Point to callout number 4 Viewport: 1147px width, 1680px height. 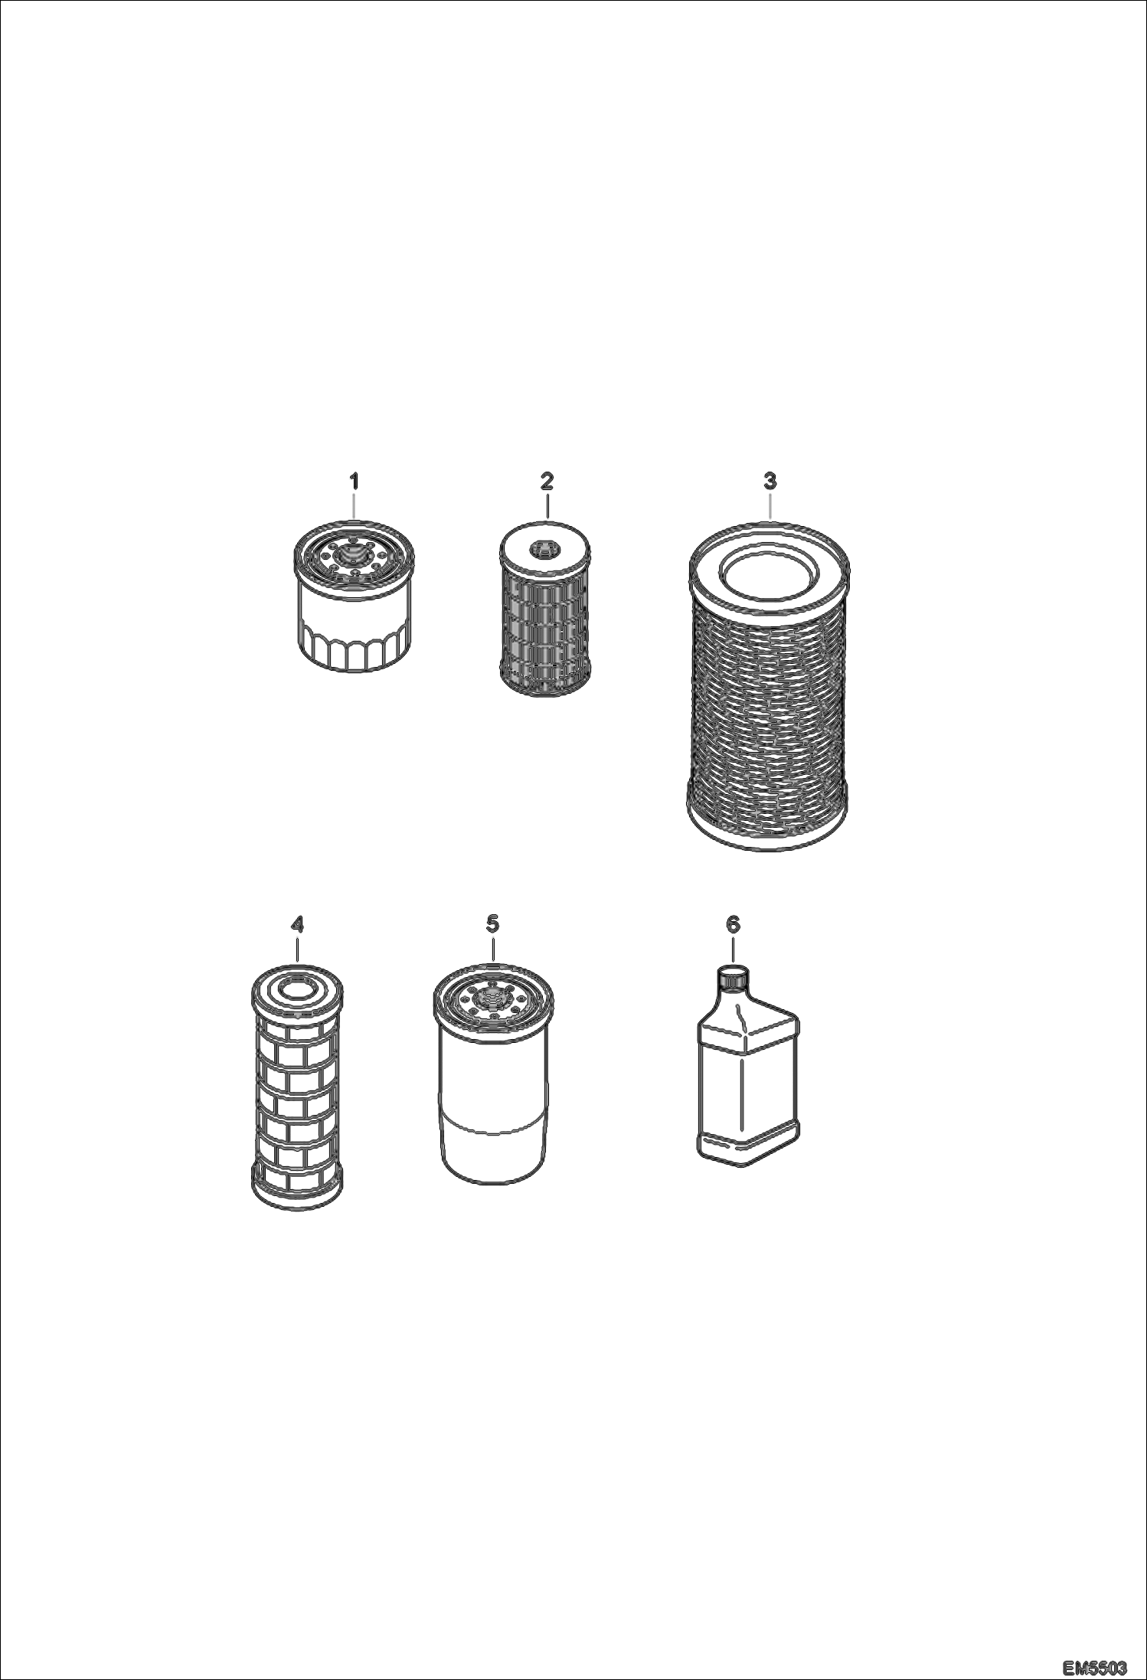pos(297,925)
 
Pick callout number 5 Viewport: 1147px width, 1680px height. pos(492,924)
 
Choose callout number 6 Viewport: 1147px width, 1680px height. pos(733,925)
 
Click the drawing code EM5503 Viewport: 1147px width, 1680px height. pos(1096,1665)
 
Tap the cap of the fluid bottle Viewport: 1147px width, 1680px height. pos(733,979)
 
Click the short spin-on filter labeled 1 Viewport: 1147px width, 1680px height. pos(354,596)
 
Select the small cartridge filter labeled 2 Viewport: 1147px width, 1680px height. pos(545,609)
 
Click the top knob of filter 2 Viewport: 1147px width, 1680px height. pos(543,548)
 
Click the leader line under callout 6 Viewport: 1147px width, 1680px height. pos(733,950)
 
